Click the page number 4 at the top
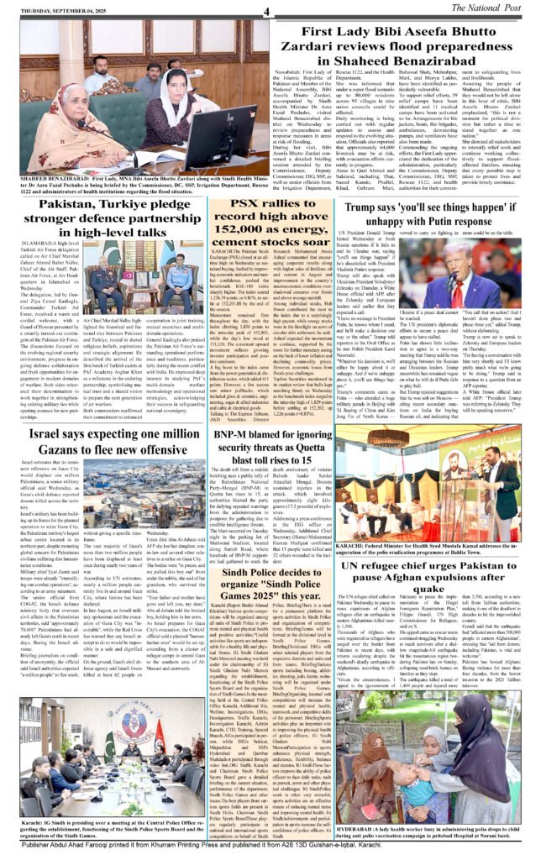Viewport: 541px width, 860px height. coord(265,10)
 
